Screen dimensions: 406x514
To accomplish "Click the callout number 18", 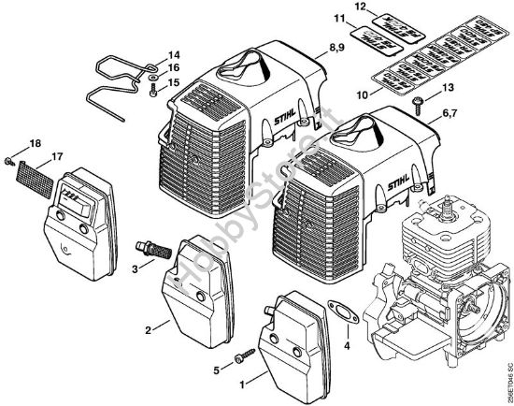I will point(35,141).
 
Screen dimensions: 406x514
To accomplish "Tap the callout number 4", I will point(349,347).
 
